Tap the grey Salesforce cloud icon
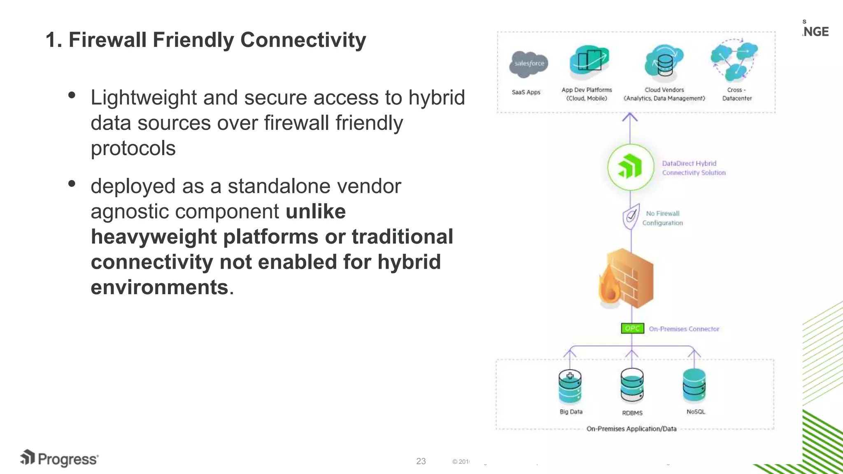point(529,64)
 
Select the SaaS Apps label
point(526,92)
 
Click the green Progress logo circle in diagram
point(630,167)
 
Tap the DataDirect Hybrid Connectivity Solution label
point(694,168)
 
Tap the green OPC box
point(632,328)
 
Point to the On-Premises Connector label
point(684,329)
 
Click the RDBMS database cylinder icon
point(632,385)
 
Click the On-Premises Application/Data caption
point(631,429)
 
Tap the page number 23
point(421,461)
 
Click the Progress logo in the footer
point(60,458)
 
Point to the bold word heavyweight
point(154,237)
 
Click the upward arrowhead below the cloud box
point(630,117)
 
